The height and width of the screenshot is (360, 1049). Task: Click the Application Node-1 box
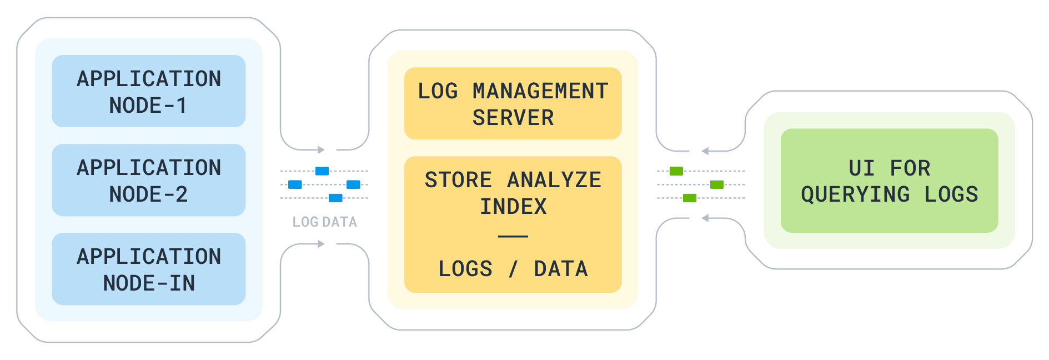pos(149,91)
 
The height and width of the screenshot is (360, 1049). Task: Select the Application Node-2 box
pos(149,180)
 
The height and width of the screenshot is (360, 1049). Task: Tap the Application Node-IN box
pos(149,269)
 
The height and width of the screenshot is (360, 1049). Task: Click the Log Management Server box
pos(513,103)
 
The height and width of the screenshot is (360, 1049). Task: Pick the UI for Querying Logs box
pos(889,181)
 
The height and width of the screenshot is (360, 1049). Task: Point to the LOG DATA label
pos(325,222)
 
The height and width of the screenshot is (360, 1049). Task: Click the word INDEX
pos(513,207)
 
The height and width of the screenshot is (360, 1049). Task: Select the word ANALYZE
pos(554,180)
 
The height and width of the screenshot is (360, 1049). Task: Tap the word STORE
pos(458,180)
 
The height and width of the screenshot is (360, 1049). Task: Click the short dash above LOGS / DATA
pos(513,236)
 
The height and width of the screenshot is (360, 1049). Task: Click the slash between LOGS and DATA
pos(513,269)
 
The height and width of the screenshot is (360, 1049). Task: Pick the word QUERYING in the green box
pos(855,194)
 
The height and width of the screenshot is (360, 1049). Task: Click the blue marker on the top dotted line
pos(322,171)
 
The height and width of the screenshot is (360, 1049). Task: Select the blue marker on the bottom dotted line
pos(335,198)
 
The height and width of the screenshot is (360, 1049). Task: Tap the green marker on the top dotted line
pos(676,171)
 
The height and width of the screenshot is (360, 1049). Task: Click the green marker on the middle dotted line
pos(717,184)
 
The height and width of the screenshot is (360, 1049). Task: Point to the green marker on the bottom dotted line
pos(690,198)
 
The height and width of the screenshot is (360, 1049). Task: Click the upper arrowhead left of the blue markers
pos(321,149)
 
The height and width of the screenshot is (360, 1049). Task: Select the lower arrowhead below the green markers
pos(705,218)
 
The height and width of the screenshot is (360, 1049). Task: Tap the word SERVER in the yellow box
pos(513,118)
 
